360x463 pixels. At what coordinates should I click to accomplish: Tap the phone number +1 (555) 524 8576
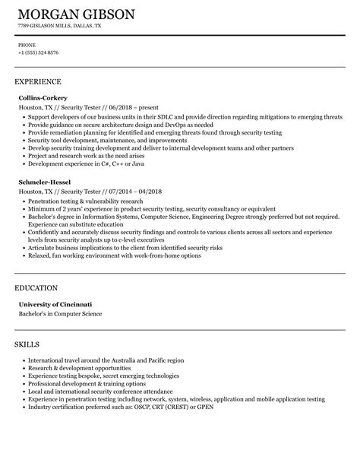(x=38, y=52)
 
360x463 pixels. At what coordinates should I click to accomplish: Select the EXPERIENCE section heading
(x=38, y=81)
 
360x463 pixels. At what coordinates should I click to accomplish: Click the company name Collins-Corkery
(x=43, y=98)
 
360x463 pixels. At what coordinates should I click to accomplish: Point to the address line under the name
(x=59, y=25)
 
